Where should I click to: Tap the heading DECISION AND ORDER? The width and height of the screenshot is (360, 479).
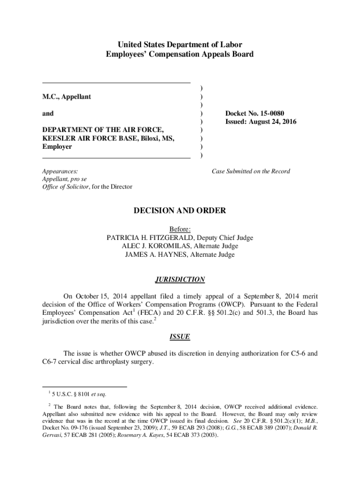(180, 211)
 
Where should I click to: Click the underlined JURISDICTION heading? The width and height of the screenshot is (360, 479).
(180, 280)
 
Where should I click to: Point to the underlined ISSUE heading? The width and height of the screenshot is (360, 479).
(180, 337)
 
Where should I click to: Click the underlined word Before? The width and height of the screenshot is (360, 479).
(180, 229)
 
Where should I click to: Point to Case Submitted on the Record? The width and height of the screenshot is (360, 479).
(251, 171)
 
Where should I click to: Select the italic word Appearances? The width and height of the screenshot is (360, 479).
(60, 171)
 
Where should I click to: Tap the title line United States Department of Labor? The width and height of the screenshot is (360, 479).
(180, 45)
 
